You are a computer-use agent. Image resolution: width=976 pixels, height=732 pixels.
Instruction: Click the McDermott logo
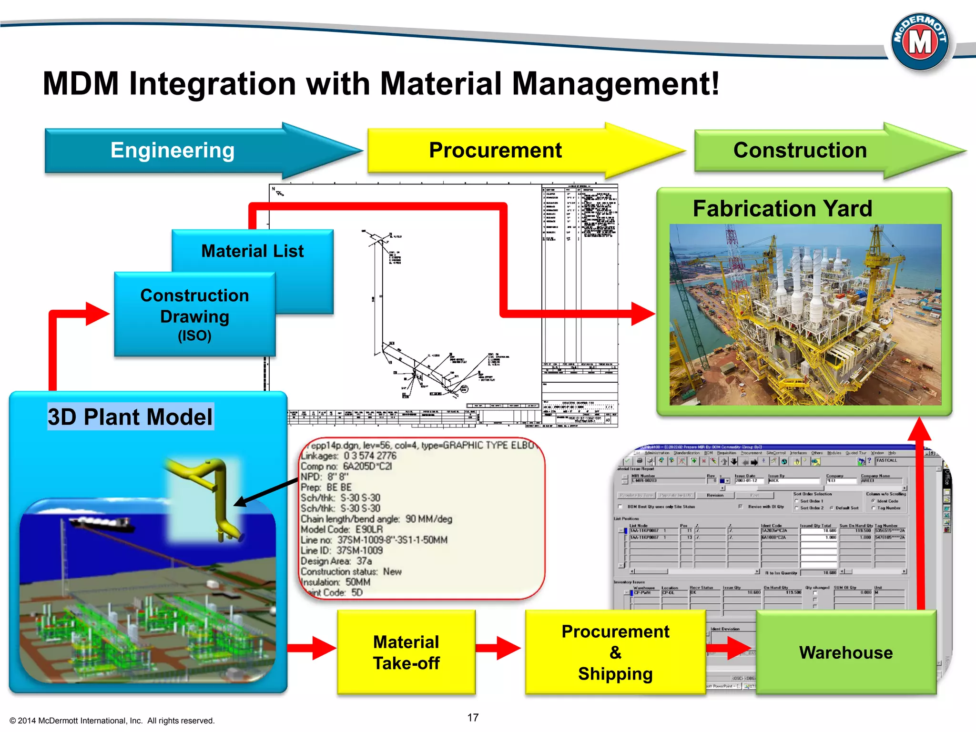[x=920, y=42]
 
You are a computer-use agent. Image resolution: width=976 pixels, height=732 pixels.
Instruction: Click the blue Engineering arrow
[x=173, y=151]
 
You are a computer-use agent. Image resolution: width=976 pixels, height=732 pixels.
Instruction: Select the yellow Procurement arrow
[x=496, y=151]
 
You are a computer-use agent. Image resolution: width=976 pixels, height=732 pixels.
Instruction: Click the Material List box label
[x=252, y=251]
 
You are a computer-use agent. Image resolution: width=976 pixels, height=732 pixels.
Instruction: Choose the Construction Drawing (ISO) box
[x=194, y=315]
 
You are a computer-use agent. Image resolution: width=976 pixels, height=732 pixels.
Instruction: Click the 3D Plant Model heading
[x=130, y=417]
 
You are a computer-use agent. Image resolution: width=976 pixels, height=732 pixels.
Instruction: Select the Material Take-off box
[x=406, y=652]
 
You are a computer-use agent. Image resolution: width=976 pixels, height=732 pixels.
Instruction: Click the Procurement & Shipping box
[x=615, y=652]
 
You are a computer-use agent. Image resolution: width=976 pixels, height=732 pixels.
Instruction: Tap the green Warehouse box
[x=846, y=652]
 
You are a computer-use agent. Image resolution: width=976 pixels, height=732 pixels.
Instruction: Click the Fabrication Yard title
[x=783, y=209]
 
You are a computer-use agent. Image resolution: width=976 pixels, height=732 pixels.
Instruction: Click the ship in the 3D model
[x=102, y=524]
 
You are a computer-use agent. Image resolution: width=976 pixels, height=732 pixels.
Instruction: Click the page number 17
[x=473, y=718]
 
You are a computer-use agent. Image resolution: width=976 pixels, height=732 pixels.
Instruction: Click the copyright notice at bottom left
[x=112, y=721]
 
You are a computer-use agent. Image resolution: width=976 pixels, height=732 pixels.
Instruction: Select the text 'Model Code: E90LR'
[x=342, y=529]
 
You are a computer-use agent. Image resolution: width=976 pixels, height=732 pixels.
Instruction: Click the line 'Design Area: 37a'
[x=336, y=561]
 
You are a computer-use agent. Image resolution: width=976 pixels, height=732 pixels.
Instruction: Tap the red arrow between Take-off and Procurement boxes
[x=498, y=648]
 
